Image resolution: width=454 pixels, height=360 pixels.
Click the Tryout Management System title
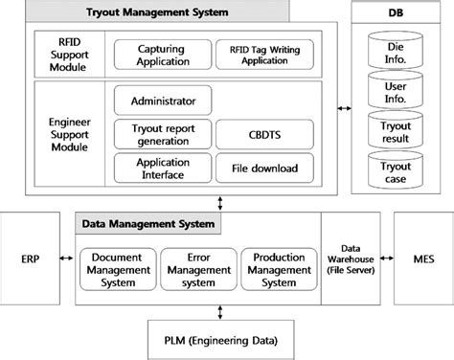(170, 11)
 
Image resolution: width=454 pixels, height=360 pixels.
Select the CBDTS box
(257, 133)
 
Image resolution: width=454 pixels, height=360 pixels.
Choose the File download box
(257, 169)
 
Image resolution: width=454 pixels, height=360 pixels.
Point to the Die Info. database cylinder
(396, 50)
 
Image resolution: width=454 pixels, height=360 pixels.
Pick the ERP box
(30, 259)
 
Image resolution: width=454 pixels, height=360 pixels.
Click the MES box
(423, 259)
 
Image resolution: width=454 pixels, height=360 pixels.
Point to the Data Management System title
(148, 225)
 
